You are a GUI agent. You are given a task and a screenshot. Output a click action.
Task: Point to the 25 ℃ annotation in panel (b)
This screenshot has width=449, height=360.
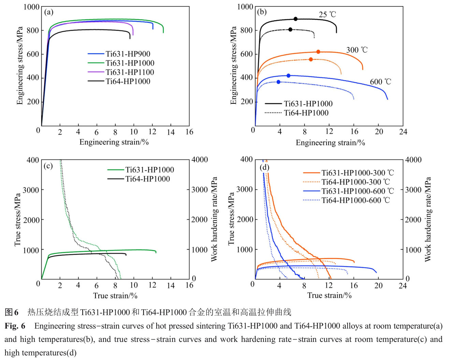(x=327, y=14)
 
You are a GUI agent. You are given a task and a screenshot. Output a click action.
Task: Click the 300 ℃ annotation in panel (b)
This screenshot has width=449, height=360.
(x=357, y=50)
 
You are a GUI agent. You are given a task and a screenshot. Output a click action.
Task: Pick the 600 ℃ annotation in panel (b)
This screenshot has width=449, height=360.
(x=380, y=82)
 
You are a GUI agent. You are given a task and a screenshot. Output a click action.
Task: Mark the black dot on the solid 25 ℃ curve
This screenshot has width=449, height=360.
(x=295, y=19)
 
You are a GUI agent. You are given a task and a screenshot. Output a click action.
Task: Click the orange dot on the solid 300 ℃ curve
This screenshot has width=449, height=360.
(x=318, y=52)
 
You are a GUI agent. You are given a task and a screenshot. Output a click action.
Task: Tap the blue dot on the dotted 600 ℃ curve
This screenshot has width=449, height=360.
(x=278, y=82)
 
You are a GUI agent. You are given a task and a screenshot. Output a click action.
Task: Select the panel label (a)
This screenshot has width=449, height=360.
(x=49, y=12)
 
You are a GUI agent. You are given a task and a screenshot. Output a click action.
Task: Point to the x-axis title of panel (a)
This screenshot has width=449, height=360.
(x=114, y=142)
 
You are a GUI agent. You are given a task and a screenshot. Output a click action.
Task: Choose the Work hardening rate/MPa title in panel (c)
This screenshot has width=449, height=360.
(x=214, y=219)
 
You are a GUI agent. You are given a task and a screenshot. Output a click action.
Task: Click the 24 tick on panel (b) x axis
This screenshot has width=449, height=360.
(x=403, y=132)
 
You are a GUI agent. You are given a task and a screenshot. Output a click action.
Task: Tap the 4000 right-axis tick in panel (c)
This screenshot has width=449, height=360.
(x=200, y=160)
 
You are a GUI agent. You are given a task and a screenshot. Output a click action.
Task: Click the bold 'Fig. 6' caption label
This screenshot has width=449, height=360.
(x=15, y=326)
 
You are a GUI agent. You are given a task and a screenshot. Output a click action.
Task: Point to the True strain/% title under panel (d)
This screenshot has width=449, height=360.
(x=329, y=295)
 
